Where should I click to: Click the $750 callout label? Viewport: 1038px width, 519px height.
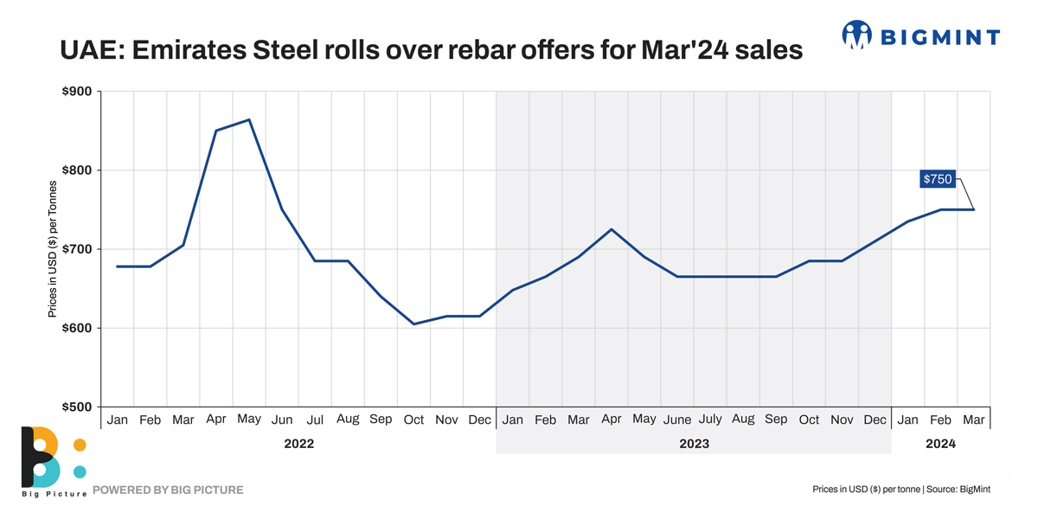click(938, 180)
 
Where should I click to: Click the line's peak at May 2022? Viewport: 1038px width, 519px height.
click(249, 120)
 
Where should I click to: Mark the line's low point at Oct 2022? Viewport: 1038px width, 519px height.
click(414, 324)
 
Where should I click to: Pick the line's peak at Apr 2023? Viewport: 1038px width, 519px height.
click(612, 229)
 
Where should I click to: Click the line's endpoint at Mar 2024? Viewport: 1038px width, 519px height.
click(974, 209)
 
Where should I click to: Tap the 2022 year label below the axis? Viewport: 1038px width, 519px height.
click(298, 444)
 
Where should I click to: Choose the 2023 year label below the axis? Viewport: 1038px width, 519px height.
click(694, 444)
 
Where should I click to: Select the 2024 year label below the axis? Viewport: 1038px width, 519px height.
click(940, 444)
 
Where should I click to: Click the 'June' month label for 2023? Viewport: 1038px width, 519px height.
click(677, 420)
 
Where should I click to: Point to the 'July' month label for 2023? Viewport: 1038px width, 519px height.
click(710, 420)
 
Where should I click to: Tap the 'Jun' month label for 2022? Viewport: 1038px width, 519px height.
click(282, 420)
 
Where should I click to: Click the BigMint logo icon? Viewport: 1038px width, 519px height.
click(857, 35)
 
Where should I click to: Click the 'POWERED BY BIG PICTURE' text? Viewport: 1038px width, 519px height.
click(168, 490)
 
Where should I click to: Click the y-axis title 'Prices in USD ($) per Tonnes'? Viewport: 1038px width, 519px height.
click(53, 249)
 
